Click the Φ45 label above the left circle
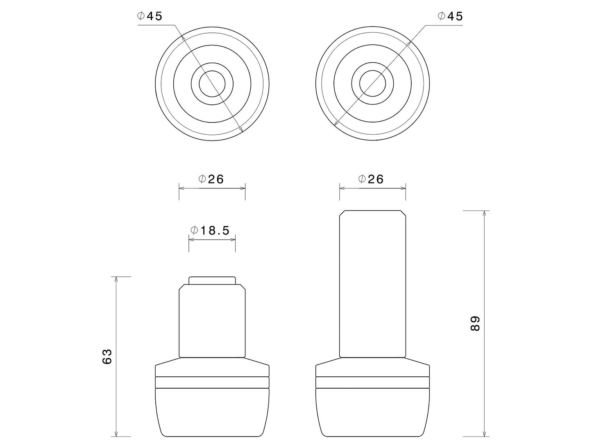pyautogui.click(x=150, y=16)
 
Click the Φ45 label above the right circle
pyautogui.click(x=450, y=16)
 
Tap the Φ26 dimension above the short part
pyautogui.click(x=211, y=179)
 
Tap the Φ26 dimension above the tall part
pyautogui.click(x=371, y=179)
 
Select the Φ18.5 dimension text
pyautogui.click(x=210, y=231)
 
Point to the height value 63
pyautogui.click(x=107, y=356)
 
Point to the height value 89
pyautogui.click(x=475, y=324)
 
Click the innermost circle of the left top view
pyautogui.click(x=212, y=84)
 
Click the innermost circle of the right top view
pyautogui.click(x=372, y=84)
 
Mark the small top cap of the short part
pyautogui.click(x=212, y=281)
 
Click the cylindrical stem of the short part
pyautogui.click(x=212, y=321)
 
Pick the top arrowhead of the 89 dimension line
pyautogui.click(x=485, y=213)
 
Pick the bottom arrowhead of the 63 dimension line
pyautogui.click(x=117, y=434)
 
